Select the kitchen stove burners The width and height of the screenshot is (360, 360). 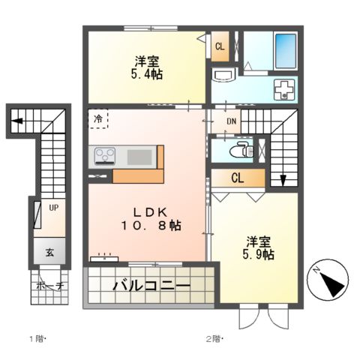tap(105, 157)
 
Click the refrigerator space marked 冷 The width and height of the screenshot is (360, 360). tap(99, 119)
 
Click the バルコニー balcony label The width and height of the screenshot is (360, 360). tap(151, 285)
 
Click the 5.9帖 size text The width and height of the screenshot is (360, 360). tap(259, 255)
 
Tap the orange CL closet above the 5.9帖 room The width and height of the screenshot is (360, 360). tap(236, 178)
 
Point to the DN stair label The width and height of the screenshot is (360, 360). tap(231, 122)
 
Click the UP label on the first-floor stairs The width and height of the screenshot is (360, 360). tap(54, 206)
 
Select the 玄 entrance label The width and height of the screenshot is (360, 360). tap(48, 252)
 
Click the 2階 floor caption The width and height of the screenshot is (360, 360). tap(214, 338)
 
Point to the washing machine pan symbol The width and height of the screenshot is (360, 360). tap(286, 89)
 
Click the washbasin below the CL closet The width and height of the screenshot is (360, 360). tap(224, 76)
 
